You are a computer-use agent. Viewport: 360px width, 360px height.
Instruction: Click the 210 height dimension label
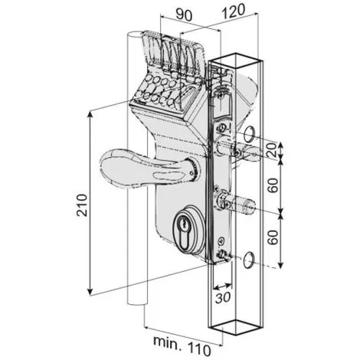82,205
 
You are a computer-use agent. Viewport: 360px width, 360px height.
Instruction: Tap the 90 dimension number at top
184,15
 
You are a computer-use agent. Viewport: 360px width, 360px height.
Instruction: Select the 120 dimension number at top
234,11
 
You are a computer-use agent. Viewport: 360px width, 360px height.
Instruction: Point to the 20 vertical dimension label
271,150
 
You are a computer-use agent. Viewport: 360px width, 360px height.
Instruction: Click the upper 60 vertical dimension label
273,185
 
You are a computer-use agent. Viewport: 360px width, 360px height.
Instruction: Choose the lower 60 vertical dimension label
273,237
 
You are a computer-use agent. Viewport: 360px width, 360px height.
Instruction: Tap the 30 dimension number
223,297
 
